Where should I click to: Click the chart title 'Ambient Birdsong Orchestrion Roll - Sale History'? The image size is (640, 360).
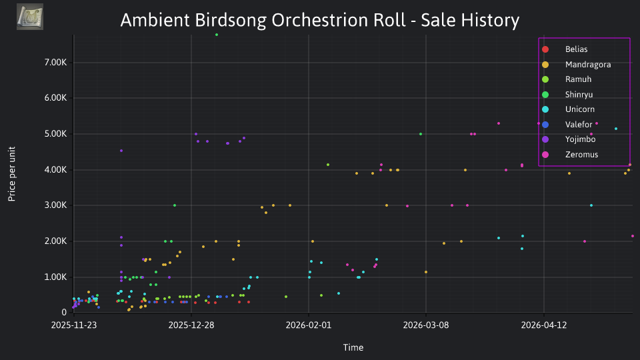coord(319,20)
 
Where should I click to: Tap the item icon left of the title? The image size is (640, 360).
coord(30,17)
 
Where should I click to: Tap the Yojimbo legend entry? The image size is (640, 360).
coord(569,139)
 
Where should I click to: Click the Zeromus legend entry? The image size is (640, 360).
coord(570,154)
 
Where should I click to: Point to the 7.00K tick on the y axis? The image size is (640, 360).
coord(55,63)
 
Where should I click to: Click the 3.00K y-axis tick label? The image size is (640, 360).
coord(55,205)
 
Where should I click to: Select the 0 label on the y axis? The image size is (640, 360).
coord(64,312)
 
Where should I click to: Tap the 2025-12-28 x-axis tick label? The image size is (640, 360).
coord(191,325)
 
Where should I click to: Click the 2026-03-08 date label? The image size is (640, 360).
coord(426,325)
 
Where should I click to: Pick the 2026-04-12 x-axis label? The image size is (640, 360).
coord(544,325)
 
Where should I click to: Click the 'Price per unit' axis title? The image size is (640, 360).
coord(12,174)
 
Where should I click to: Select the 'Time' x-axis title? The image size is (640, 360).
coord(353,347)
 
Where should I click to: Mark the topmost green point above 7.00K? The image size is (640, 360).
coord(216,35)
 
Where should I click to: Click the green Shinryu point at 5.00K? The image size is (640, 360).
coord(421,134)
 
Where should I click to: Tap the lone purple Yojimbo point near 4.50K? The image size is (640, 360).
coord(121,151)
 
